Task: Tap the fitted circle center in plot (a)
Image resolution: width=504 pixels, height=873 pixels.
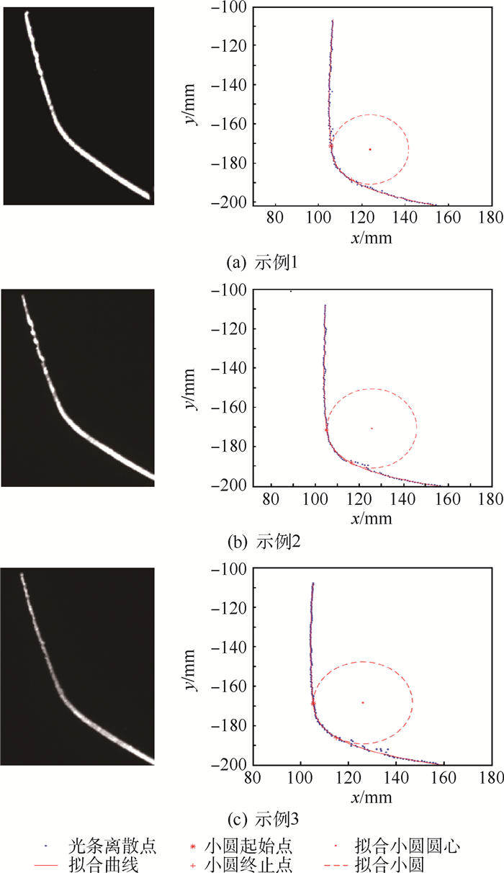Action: pos(370,149)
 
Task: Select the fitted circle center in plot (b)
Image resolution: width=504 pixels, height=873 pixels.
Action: pos(372,428)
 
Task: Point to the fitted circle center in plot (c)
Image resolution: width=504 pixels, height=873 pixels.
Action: pos(362,702)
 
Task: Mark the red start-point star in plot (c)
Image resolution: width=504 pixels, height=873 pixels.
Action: pos(313,702)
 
